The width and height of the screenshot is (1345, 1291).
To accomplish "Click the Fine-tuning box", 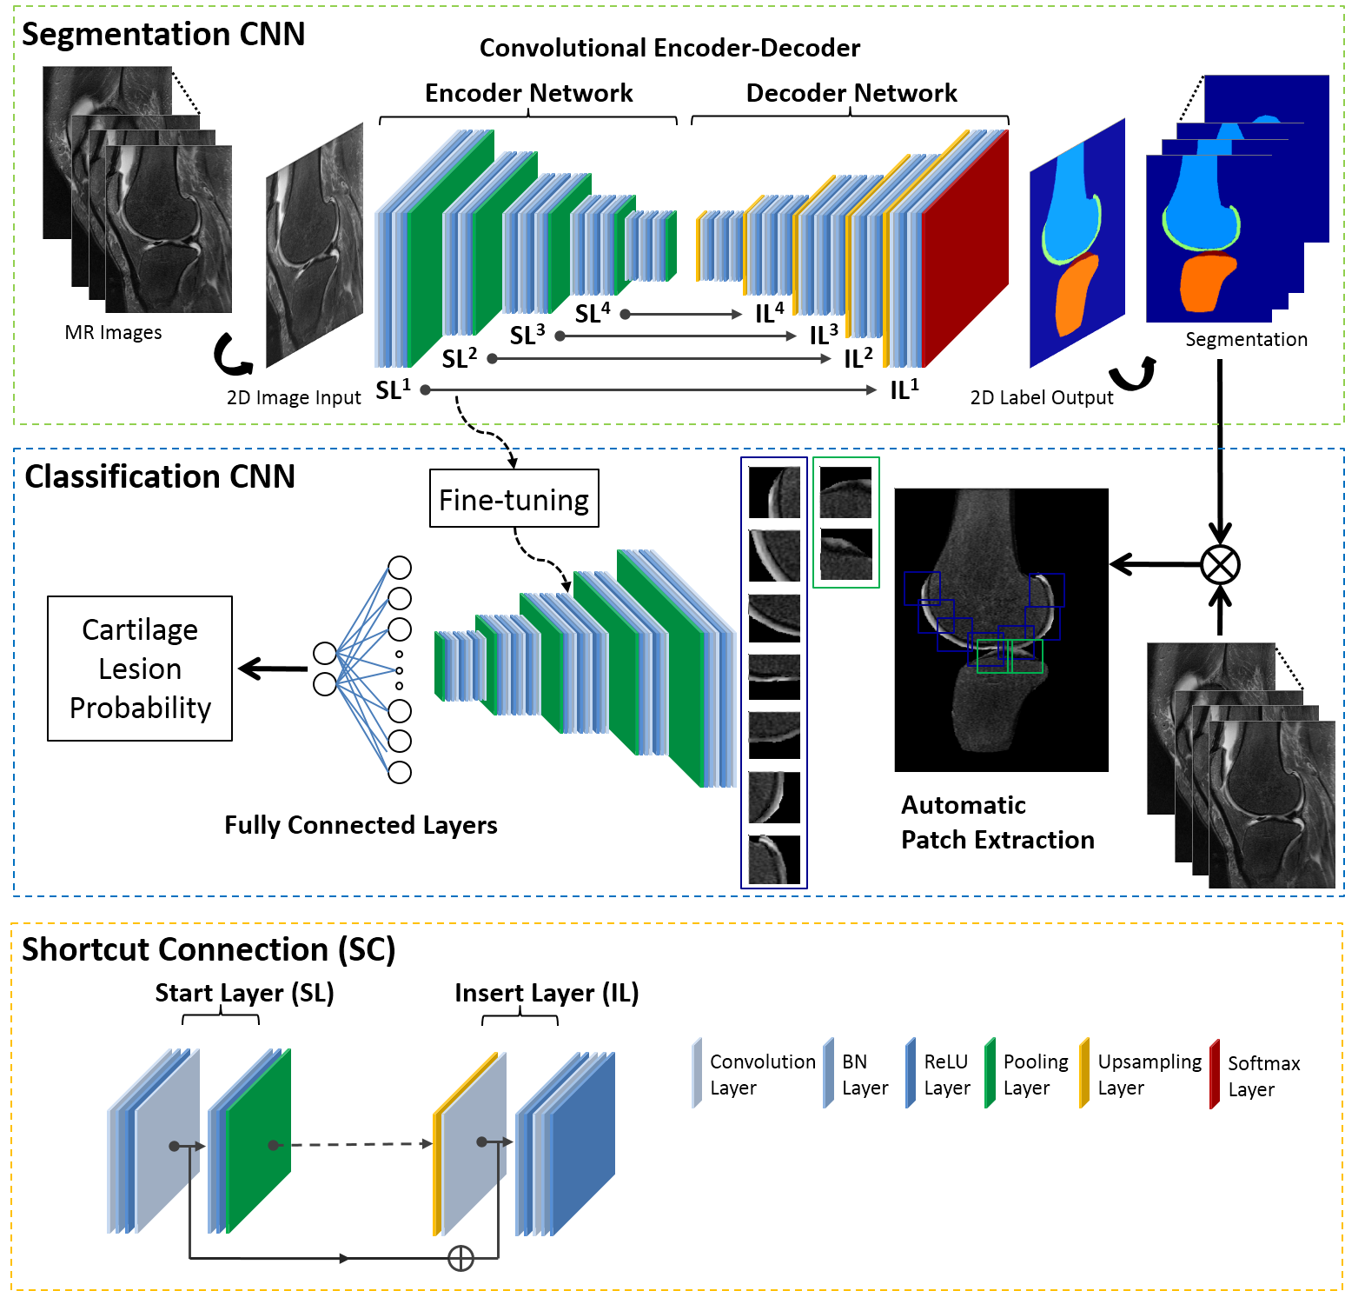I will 513,499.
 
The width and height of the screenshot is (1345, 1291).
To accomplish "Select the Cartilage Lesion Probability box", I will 140,669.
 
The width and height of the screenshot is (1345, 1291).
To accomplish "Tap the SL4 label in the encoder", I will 593,313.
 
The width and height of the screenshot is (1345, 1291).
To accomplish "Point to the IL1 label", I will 904,389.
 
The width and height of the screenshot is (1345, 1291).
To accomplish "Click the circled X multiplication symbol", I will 1220,565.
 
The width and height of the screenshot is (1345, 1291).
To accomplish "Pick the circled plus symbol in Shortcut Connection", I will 460,1258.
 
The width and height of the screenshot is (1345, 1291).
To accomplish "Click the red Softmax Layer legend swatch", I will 1214,1075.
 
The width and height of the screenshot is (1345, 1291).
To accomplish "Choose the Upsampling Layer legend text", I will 1149,1075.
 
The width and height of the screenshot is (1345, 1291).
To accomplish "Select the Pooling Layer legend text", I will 1035,1075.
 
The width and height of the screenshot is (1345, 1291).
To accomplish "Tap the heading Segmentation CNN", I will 163,35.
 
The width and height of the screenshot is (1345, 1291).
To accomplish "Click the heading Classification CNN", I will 160,477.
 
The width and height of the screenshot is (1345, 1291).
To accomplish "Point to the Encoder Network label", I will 528,93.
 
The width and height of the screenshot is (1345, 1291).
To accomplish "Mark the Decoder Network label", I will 851,93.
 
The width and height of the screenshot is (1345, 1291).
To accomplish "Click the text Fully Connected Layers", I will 361,825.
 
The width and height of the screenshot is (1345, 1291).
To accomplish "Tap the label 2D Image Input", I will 294,398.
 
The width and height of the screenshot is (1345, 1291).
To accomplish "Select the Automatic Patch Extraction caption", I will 997,822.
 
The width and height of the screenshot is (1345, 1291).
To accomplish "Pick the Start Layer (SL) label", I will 244,993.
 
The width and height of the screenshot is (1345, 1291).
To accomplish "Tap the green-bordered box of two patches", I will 846,522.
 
